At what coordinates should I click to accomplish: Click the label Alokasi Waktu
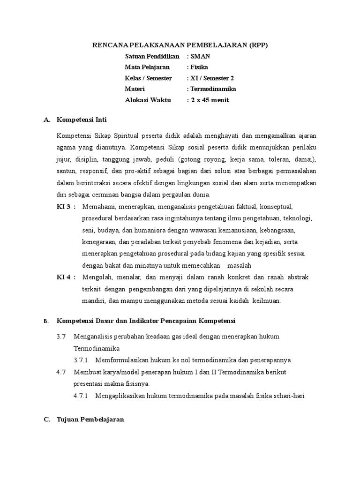(x=148, y=100)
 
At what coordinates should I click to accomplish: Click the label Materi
(x=135, y=89)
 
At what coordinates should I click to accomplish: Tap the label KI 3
(x=63, y=206)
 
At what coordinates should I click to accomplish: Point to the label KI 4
(x=63, y=277)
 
